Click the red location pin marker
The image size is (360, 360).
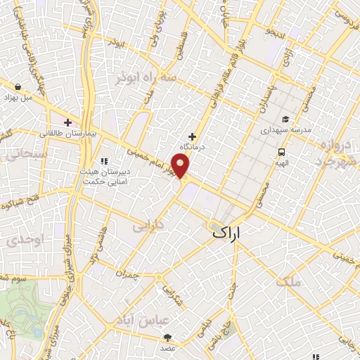point(181,166)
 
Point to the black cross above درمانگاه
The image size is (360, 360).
point(192,136)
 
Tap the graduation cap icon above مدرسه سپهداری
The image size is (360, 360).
point(285,120)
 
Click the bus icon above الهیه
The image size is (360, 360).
point(281,151)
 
